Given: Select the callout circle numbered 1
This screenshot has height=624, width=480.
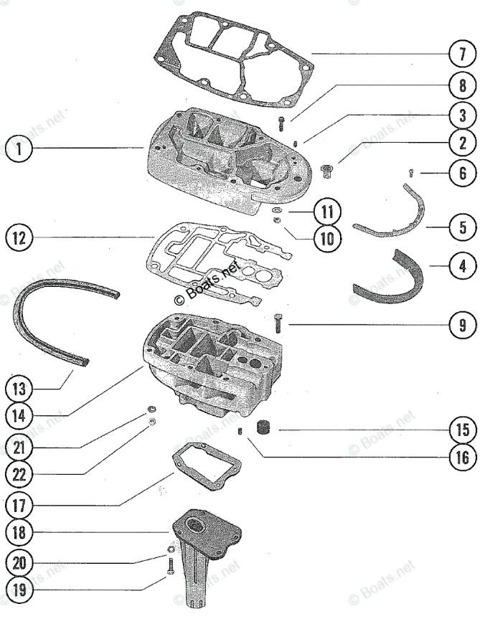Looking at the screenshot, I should [18, 149].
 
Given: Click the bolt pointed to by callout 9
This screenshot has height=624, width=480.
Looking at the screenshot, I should [278, 324].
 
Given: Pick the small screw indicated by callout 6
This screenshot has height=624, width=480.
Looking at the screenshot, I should [409, 172].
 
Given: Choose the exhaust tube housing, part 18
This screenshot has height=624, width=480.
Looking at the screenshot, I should [208, 552].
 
